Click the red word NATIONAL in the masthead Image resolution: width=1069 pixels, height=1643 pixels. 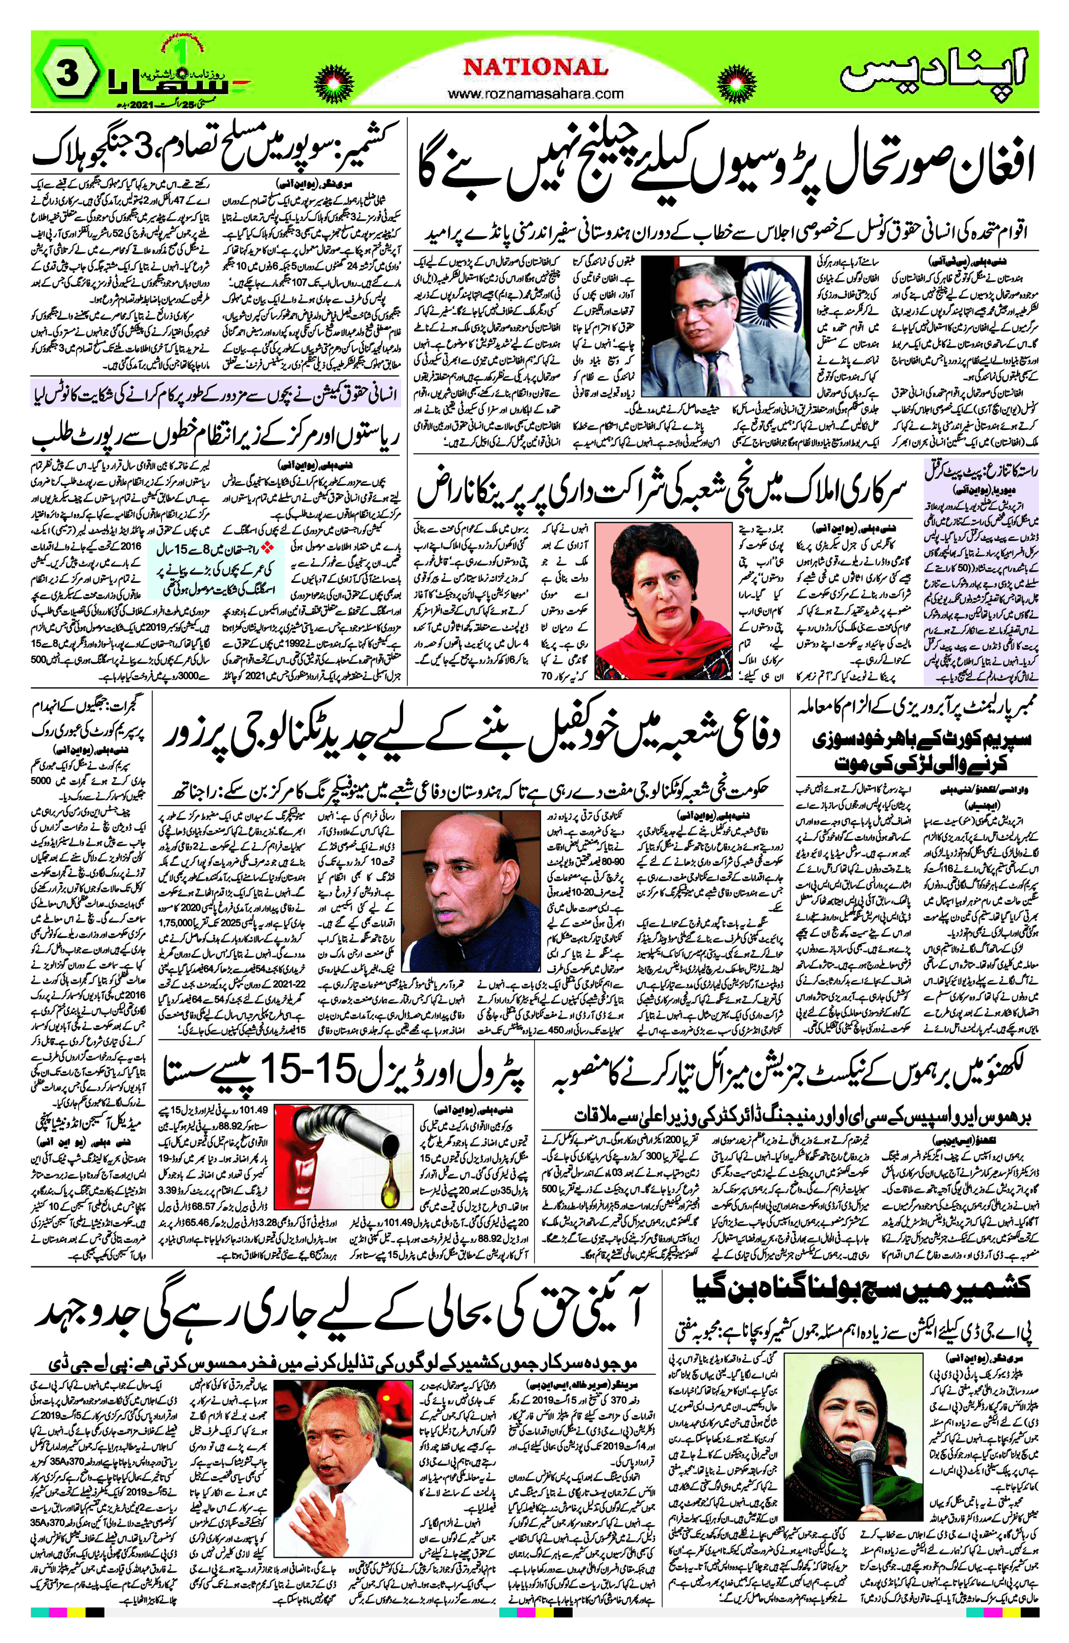tap(535, 67)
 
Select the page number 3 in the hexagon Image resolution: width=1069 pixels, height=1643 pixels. tap(67, 73)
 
